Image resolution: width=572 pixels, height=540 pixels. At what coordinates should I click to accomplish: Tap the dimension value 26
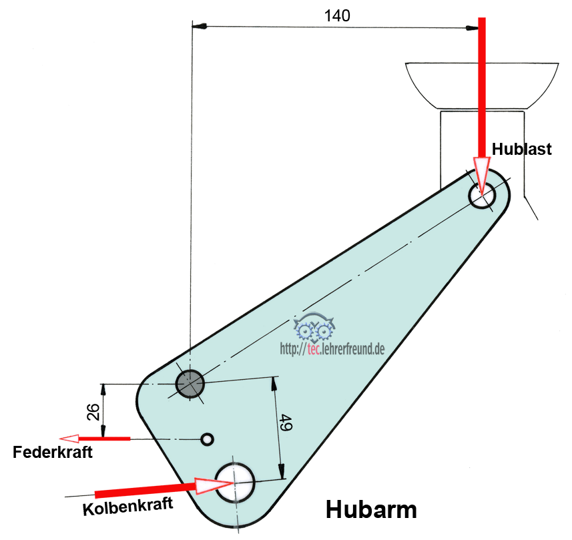(x=94, y=412)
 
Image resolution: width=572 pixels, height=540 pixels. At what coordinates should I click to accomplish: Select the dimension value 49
(x=285, y=423)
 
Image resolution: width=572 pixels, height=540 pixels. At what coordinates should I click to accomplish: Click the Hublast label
(x=522, y=149)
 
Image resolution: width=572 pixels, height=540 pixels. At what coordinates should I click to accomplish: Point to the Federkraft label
(x=53, y=453)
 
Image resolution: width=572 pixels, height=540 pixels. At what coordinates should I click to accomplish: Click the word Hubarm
(x=371, y=509)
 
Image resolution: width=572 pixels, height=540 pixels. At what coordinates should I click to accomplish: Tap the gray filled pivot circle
(x=190, y=384)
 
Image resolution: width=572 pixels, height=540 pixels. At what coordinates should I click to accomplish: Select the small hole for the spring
(x=208, y=439)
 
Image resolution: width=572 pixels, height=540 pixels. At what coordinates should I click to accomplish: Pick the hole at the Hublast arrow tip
(x=482, y=196)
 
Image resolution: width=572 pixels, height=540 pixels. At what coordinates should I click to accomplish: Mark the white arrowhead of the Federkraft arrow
(x=70, y=439)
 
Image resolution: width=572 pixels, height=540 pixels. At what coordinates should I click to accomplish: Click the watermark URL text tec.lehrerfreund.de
(x=332, y=347)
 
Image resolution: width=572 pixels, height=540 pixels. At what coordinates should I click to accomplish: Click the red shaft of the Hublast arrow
(x=481, y=87)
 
